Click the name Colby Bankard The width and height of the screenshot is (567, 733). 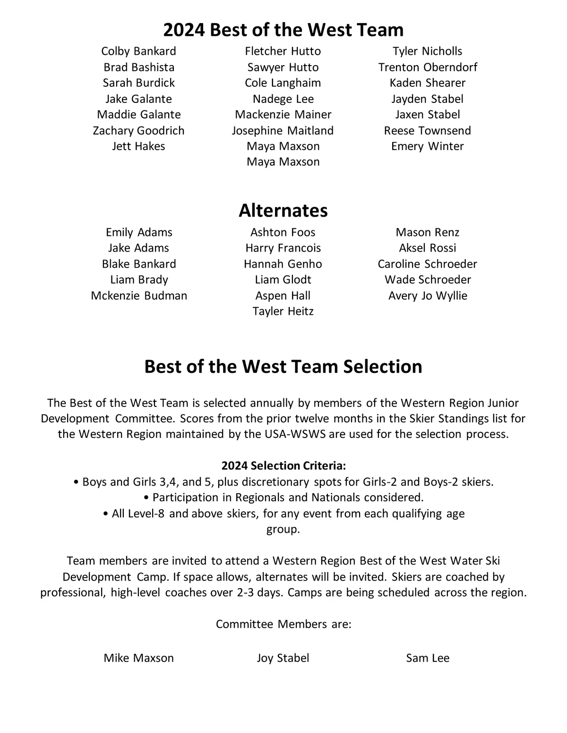point(138,51)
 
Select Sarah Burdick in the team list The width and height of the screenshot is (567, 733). point(138,83)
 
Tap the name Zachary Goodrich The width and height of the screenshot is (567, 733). point(138,130)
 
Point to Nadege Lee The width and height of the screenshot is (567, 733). point(283,99)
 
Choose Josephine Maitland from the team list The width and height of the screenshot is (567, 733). point(283,130)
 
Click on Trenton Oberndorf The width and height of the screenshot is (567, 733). point(428,67)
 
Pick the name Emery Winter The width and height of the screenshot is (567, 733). point(428,146)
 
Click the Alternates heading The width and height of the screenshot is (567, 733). point(283,210)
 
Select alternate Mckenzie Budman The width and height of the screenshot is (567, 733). point(139,295)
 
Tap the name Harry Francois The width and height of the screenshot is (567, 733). point(283,248)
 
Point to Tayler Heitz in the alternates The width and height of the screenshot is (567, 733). point(283,311)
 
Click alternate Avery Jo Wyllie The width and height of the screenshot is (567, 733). point(428,295)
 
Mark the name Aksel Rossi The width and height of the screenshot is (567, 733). point(428,248)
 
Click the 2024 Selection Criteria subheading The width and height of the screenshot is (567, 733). point(283,466)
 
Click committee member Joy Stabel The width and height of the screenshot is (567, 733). point(283,658)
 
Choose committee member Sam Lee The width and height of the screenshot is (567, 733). point(428,658)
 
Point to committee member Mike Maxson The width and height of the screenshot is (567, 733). point(138,658)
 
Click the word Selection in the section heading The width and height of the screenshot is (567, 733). point(383,366)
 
